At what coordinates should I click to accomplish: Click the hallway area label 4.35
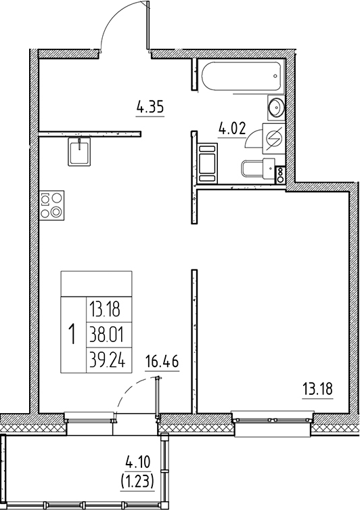pos(151,106)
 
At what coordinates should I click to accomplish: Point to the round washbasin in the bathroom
pos(277,107)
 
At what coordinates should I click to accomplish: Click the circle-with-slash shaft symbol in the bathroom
pos(276,139)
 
